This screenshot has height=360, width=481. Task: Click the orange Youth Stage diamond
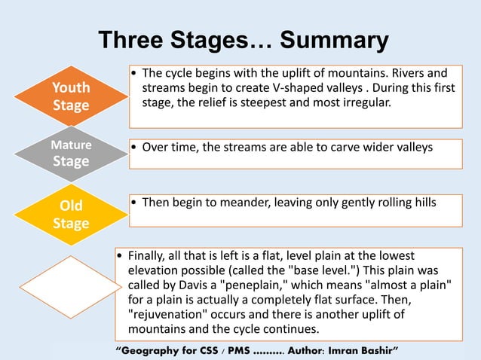coord(71,96)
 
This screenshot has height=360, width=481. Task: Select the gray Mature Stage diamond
coord(71,153)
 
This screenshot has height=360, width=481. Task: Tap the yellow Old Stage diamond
coord(71,215)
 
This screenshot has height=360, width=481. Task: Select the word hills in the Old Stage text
coord(421,202)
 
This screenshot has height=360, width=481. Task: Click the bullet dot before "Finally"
coord(119,258)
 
